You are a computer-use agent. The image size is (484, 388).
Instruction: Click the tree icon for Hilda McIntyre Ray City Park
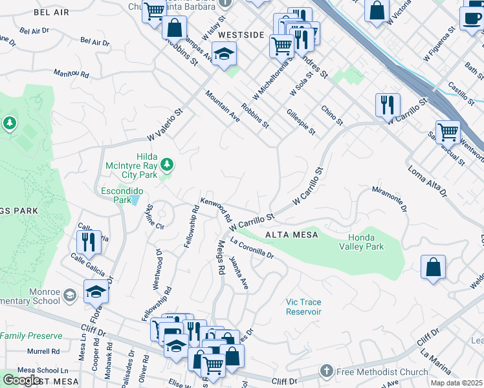pos(167,165)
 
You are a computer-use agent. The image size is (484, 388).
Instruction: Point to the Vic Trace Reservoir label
pos(303,307)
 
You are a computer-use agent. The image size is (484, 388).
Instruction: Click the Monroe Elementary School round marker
pos(69,296)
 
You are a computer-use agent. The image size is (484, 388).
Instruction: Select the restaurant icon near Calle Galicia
pos(89,242)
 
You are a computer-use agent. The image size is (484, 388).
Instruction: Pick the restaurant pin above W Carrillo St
pos(388,104)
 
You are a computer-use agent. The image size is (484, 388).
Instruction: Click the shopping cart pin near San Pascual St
pos(447,131)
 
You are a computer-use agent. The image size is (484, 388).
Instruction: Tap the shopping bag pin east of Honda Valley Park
pos(433,266)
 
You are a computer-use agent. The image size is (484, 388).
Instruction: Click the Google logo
pos(22,380)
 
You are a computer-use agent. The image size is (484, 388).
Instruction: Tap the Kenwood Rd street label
pos(216,210)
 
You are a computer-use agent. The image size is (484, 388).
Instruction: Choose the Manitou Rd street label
pos(71,74)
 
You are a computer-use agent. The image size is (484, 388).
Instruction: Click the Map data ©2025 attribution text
pos(456,382)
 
